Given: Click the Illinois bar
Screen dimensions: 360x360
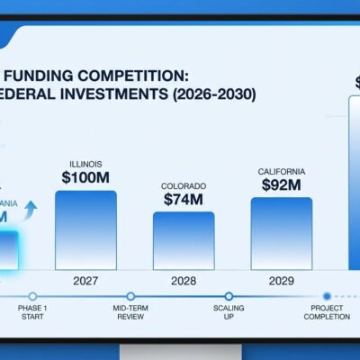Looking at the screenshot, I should tap(85, 229).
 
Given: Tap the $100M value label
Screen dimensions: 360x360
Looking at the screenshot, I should tap(85, 178).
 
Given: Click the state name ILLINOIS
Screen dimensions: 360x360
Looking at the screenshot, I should tap(85, 163).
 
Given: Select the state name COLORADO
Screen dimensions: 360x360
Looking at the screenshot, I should tap(183, 186).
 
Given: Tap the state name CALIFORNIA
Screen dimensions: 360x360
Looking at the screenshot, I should tap(281, 170).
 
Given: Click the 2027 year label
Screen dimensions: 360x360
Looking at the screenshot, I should tap(85, 281).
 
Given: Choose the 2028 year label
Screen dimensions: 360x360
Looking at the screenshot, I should tap(183, 281).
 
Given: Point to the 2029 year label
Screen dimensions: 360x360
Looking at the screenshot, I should tap(281, 281).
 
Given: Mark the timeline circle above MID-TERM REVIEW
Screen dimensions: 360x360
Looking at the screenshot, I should tap(130, 296).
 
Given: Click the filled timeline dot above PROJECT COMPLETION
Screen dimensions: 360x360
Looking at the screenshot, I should tap(326, 296).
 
